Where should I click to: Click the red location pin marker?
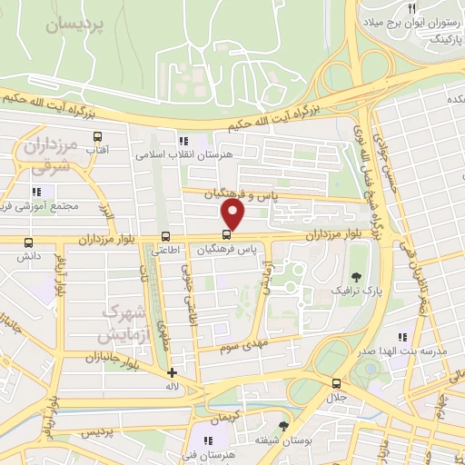click(233, 215)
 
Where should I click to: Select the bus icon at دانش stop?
click(28, 243)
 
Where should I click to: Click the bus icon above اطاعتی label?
click(164, 238)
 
